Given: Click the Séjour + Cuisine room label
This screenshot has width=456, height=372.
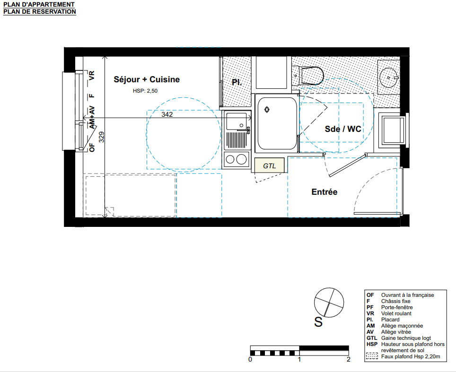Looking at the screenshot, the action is point(147,79).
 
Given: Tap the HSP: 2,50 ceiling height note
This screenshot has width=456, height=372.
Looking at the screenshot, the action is point(145,91).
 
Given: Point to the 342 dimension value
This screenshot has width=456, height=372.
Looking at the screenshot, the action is point(167,114).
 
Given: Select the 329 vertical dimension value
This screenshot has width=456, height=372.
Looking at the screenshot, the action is point(101,137).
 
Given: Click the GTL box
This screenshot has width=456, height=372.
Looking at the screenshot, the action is point(269,165).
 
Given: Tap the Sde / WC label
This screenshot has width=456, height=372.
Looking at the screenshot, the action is point(343,129).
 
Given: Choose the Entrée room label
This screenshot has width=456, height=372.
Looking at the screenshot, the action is point(324,192).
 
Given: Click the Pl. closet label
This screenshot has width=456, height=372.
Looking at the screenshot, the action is point(237,83).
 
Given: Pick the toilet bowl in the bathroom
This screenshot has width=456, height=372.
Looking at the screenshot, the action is point(312,76).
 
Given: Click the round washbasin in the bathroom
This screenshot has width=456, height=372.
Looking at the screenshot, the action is point(388,78).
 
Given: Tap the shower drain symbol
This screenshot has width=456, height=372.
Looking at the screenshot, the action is point(267,110).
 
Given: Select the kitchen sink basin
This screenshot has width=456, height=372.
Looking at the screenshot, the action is point(236,121).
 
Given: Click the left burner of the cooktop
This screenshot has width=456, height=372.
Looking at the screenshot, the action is point(230,159).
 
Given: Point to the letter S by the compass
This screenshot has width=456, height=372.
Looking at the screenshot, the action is point(318,322).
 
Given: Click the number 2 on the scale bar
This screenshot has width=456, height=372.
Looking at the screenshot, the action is point(349,360).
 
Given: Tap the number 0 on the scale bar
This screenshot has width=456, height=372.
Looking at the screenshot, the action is point(250,360).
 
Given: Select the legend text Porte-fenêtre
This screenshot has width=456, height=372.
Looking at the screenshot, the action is point(397,307).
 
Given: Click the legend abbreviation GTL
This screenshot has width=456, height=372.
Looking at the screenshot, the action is point(372,338).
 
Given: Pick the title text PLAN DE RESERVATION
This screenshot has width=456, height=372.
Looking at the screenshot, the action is point(40,12).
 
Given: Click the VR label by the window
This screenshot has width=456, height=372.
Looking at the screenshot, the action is point(92,76).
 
